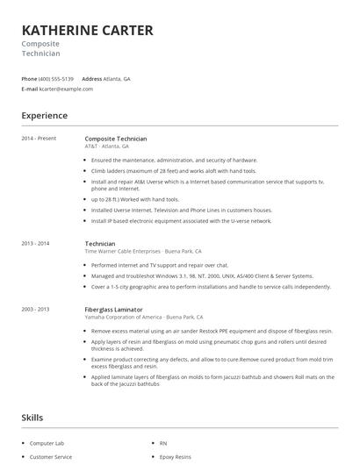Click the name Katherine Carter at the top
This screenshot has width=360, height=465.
(87, 31)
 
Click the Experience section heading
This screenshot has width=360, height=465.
(44, 115)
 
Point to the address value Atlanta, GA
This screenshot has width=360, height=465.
(117, 79)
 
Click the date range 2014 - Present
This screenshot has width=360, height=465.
(39, 139)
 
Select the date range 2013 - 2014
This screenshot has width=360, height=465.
(36, 243)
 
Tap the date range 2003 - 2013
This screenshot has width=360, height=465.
(36, 309)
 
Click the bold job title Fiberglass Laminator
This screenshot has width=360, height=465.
(114, 309)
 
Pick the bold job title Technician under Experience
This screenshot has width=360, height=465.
(100, 243)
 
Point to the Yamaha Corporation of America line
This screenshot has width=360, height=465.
(144, 317)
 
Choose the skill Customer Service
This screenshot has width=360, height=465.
(51, 457)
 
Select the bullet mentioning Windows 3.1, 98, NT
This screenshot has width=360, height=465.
(201, 275)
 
